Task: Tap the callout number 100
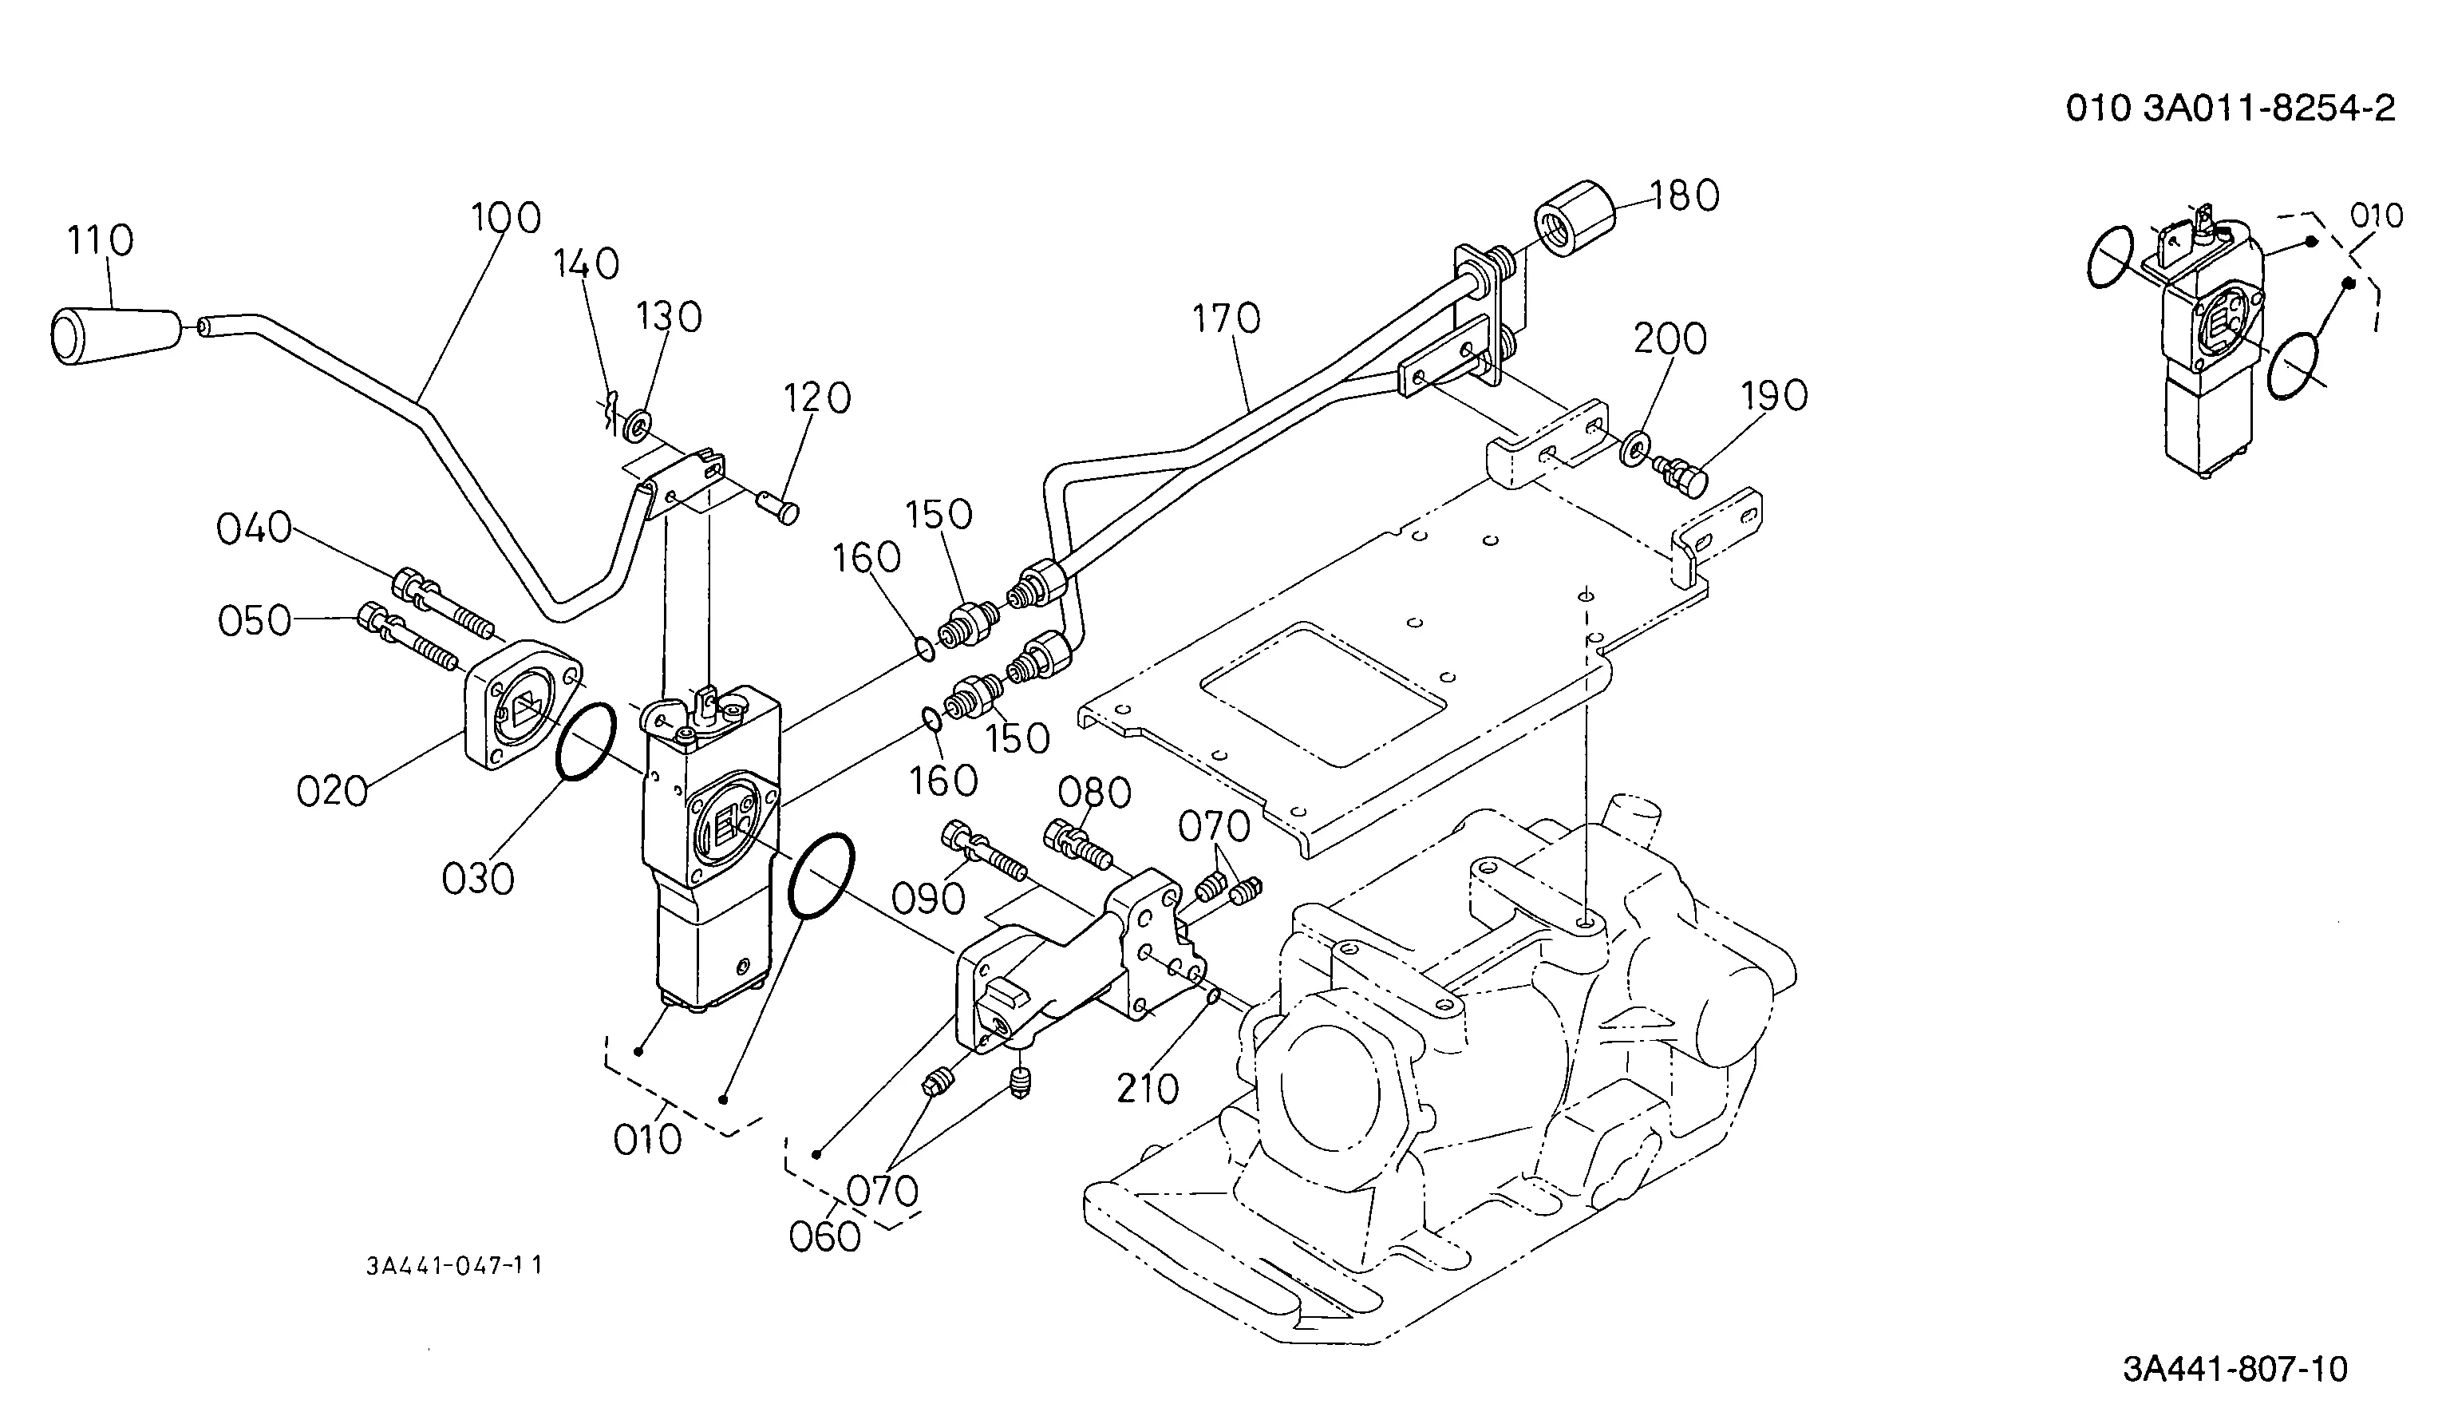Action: [506, 219]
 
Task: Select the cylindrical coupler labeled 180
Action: [1575, 219]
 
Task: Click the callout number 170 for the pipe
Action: [1227, 318]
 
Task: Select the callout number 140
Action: [586, 264]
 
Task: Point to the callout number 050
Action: [255, 621]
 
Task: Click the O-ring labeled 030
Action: [586, 741]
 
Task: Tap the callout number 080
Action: [1094, 793]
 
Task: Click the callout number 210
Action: [1148, 1089]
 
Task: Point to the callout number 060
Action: [824, 1236]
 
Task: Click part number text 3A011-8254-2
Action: [2269, 109]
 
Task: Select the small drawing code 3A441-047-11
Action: [453, 1265]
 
